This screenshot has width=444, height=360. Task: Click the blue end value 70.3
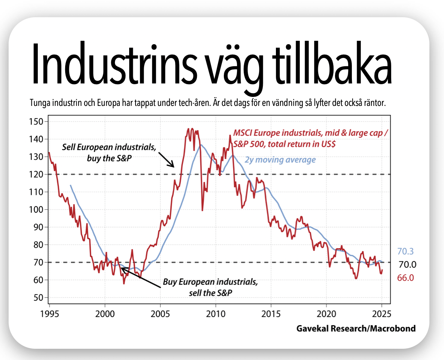(406, 251)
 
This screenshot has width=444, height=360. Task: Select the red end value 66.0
(406, 278)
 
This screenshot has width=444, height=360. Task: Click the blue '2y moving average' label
(280, 160)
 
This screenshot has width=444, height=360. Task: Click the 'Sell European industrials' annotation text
(109, 152)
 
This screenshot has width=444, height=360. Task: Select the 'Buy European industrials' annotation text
(210, 286)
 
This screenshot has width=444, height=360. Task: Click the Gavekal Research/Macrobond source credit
(356, 329)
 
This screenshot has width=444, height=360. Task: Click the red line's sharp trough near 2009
(203, 210)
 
